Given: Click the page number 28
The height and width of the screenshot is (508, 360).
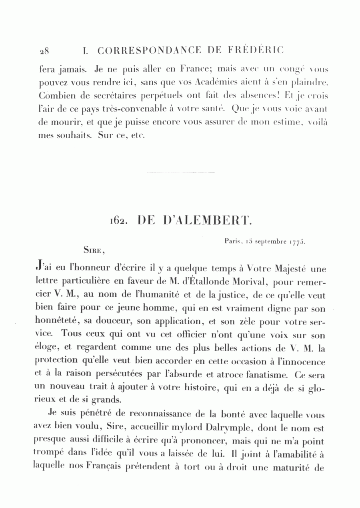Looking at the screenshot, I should tap(44, 51).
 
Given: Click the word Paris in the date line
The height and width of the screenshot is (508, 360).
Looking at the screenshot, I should tap(232, 241).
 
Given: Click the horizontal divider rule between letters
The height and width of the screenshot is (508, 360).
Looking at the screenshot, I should tap(181, 172).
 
